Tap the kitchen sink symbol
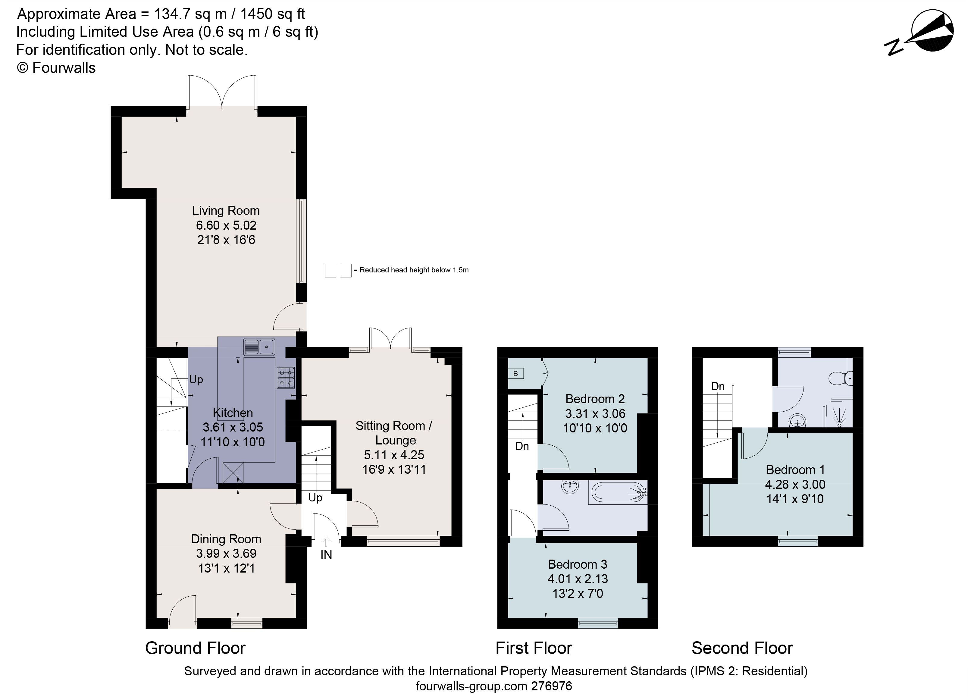pyautogui.click(x=259, y=347)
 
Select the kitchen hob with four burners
pyautogui.click(x=286, y=378)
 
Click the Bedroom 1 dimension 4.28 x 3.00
pyautogui.click(x=795, y=485)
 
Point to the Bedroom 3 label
pyautogui.click(x=578, y=564)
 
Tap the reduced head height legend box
pyautogui.click(x=338, y=270)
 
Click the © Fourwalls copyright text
pyautogui.click(x=56, y=68)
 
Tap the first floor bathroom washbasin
pyautogui.click(x=570, y=487)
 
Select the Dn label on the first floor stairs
pyautogui.click(x=522, y=446)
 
